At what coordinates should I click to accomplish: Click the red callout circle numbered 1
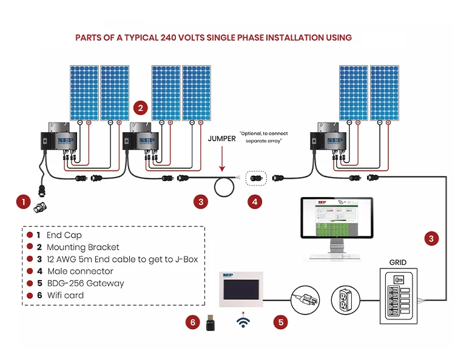click(22, 202)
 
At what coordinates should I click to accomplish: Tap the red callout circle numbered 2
click(140, 108)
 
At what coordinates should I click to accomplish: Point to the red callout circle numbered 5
click(280, 322)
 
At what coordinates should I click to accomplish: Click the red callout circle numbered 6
click(192, 322)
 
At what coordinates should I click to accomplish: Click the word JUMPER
click(223, 138)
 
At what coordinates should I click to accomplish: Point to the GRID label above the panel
click(397, 262)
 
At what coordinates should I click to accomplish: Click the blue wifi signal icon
click(244, 323)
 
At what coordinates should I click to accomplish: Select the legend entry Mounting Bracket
click(83, 247)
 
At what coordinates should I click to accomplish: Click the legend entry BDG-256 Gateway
click(85, 283)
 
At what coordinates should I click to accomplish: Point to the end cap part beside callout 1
click(43, 207)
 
